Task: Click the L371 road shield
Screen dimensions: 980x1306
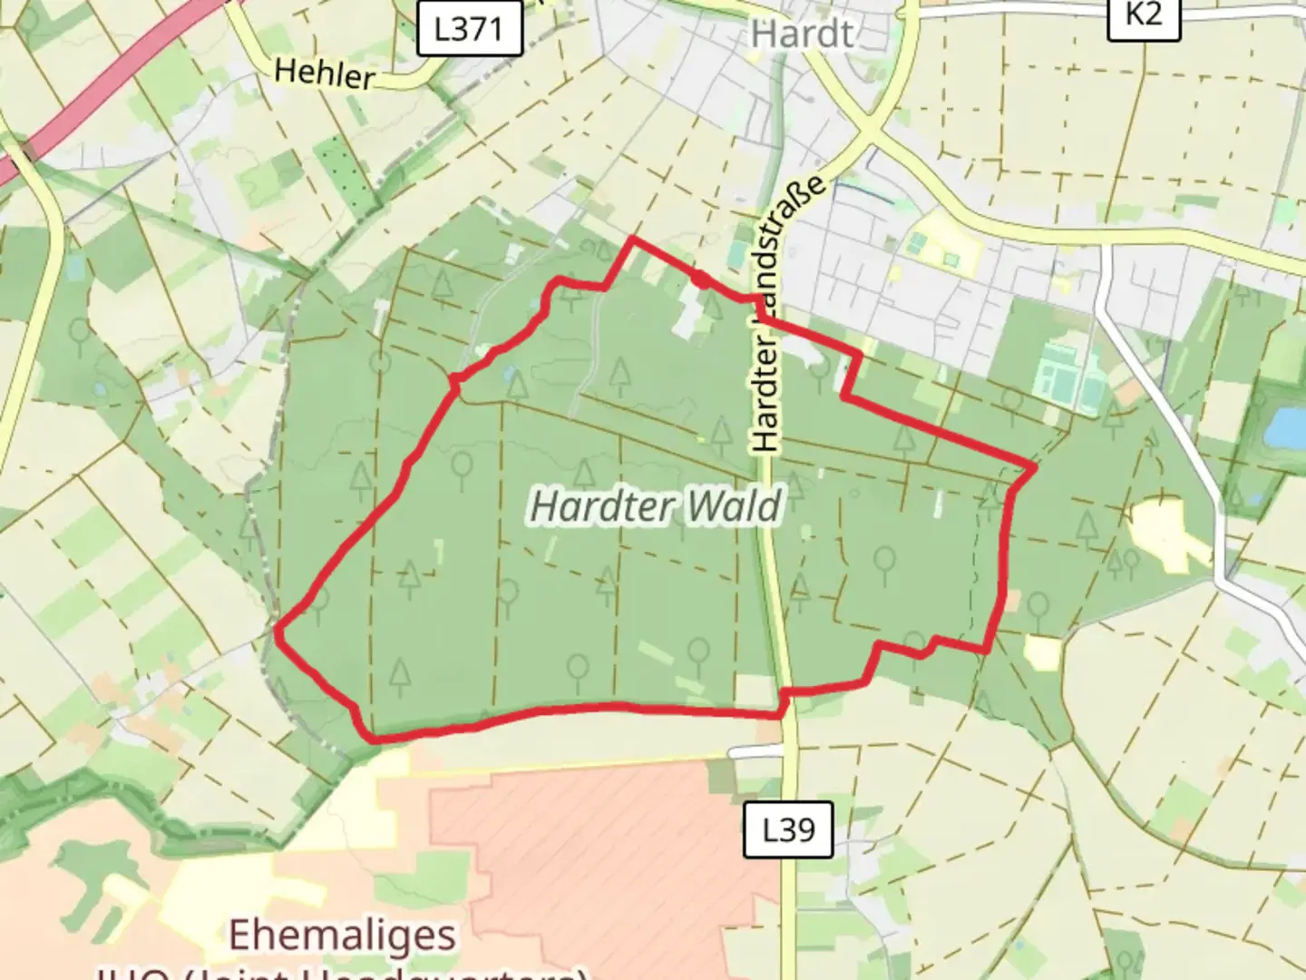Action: pos(469,28)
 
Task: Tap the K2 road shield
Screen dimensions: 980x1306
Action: pos(1143,15)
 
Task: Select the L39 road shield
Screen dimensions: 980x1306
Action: pos(787,829)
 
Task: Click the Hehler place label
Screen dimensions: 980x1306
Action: pos(324,73)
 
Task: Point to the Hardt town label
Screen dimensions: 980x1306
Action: pos(803,34)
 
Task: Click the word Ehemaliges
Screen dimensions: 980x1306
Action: pos(343,935)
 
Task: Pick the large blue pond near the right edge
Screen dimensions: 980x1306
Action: pos(1286,427)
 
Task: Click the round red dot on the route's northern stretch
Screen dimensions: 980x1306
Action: pos(702,279)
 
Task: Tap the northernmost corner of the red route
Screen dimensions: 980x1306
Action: pos(631,240)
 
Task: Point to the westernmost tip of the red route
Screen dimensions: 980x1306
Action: pos(277,626)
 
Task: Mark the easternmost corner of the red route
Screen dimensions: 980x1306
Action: pos(1033,467)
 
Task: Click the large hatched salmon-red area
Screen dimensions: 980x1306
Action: pos(617,844)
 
